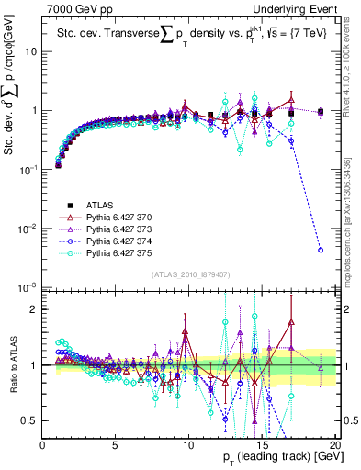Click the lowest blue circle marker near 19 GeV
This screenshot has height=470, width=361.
[x=320, y=250]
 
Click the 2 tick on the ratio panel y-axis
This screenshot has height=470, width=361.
[x=34, y=309]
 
